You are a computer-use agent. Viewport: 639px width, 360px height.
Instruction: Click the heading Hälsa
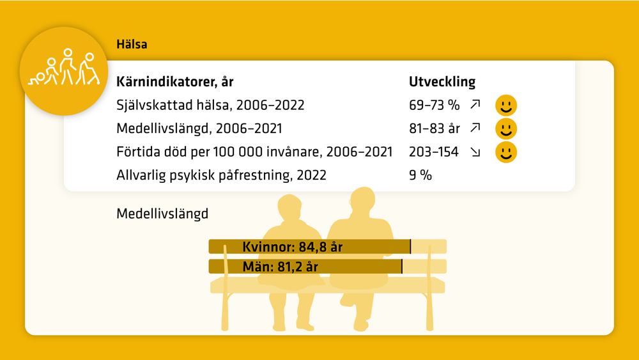[x=132, y=44]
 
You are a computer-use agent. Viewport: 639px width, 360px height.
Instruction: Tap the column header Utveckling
[x=442, y=82]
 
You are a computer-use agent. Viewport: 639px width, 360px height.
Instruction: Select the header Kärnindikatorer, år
[x=175, y=82]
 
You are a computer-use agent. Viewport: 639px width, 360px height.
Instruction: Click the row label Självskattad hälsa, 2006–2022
[x=210, y=106]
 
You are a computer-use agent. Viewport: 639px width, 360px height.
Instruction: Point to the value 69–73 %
[x=435, y=106]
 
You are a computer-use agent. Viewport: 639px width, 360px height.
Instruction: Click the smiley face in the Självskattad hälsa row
[x=506, y=106]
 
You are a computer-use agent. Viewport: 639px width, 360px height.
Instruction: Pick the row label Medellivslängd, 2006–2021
[x=199, y=129]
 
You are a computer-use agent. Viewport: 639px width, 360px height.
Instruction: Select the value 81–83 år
[x=435, y=129]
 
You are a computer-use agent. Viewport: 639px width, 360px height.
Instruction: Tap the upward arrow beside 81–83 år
[x=475, y=128]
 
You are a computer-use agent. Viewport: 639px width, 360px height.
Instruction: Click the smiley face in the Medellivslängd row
[x=506, y=129]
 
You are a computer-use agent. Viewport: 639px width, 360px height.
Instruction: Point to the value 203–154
[x=434, y=152]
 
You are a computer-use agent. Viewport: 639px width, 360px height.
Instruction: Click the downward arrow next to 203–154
[x=475, y=152]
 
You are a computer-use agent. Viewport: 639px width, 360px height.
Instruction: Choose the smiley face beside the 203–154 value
[x=506, y=152]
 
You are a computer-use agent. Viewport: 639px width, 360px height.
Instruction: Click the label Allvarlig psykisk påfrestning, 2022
[x=221, y=175]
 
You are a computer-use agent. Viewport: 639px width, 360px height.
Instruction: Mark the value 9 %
[x=420, y=175]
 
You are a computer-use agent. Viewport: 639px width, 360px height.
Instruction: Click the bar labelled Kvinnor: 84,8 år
[x=310, y=247]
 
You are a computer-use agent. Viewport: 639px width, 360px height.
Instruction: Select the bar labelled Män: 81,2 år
[x=305, y=267]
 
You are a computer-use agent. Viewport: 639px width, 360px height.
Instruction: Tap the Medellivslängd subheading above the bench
[x=162, y=214]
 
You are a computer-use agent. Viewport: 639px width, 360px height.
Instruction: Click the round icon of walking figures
[x=63, y=71]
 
